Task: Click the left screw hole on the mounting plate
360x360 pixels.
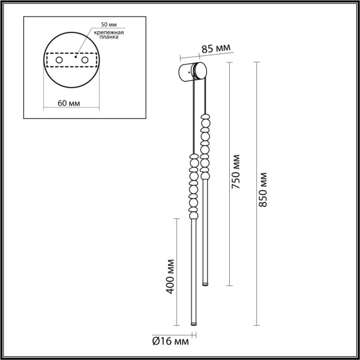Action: pos(59,61)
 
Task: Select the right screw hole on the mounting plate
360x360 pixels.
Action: pos(87,61)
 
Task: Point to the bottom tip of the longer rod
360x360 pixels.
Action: pos(193,325)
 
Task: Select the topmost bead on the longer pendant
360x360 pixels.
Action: pos(193,157)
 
